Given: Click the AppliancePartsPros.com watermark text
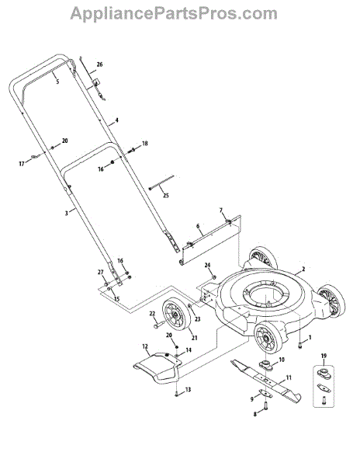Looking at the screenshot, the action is point(174,14).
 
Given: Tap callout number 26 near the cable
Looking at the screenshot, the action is point(100,64).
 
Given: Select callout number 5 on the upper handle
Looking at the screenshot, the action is point(57,82).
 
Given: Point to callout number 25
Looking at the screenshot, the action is point(166,196).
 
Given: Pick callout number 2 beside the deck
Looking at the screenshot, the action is point(303,270).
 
